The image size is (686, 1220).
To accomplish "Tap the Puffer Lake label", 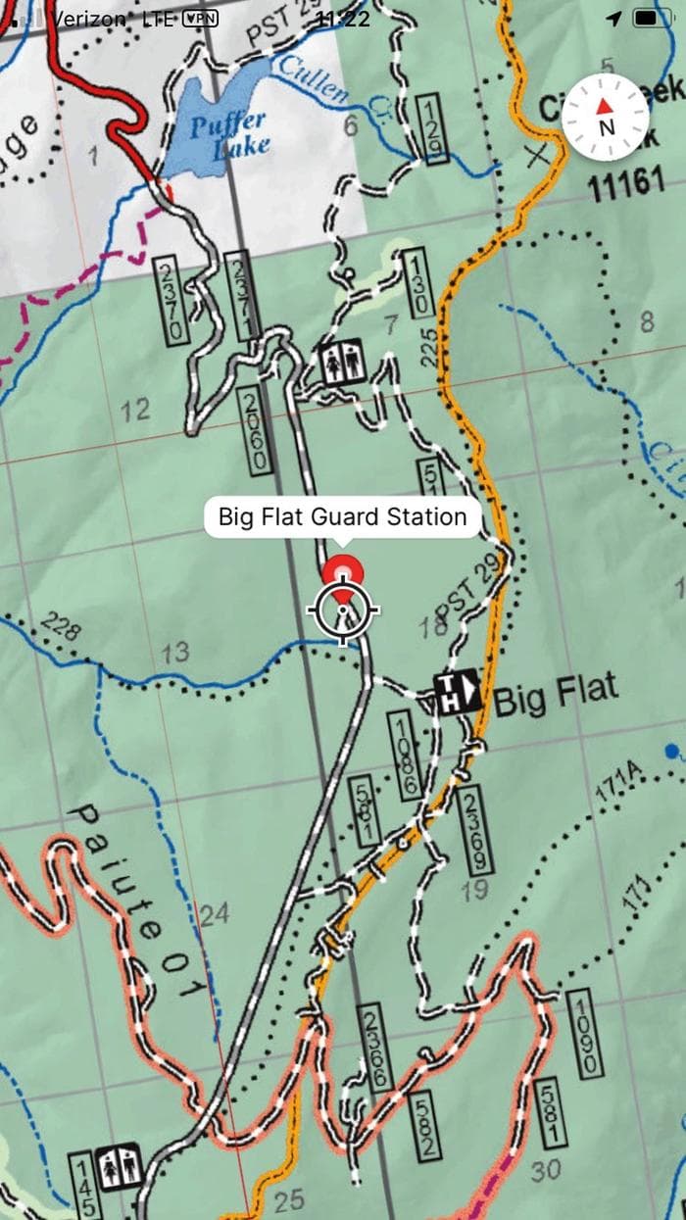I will click(228, 133).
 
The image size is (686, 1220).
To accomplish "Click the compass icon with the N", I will click(606, 117).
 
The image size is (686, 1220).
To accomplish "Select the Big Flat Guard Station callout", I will click(342, 516).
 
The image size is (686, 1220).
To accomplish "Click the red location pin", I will click(343, 577).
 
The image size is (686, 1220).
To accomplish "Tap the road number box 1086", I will click(405, 755).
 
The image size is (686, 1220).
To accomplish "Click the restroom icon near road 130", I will click(343, 364).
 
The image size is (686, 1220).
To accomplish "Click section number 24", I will click(214, 915).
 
